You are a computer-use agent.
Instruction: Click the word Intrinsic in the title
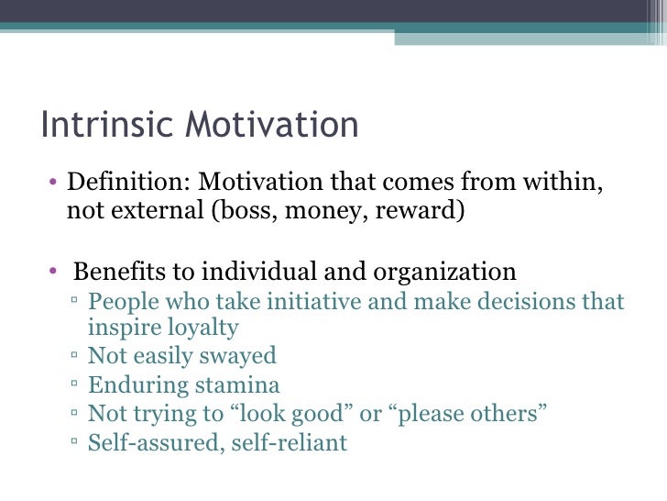[97, 126]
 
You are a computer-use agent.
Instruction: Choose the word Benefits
[113, 272]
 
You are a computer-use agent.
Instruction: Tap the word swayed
[238, 356]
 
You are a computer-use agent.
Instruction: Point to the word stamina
[240, 385]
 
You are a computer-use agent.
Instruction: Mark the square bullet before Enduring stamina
[73, 386]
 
